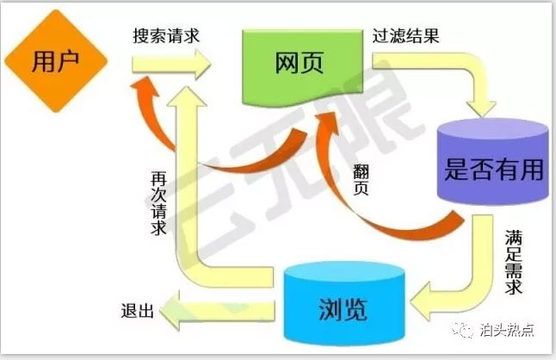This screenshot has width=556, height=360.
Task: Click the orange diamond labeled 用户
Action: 56,61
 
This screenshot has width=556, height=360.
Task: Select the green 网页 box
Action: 302,66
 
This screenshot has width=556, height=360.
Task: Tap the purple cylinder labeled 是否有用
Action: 493,162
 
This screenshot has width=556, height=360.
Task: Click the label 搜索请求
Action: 166,36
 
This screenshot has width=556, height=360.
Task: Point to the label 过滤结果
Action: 405,36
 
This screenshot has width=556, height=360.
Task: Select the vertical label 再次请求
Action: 158,203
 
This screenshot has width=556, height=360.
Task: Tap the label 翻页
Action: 361,180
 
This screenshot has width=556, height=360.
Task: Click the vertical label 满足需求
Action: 514,263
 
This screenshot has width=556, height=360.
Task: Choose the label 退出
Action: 137,311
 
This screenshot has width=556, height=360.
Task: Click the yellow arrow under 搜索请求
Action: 171,65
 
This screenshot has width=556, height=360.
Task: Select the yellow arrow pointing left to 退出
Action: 217,311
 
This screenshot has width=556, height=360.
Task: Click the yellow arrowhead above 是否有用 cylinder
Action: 481,109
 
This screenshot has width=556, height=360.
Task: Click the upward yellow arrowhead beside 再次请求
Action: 187,96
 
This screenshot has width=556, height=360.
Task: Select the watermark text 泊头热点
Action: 507,330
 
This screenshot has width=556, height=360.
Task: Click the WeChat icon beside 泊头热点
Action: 463,330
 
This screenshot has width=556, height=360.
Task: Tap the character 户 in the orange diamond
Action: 67,60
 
